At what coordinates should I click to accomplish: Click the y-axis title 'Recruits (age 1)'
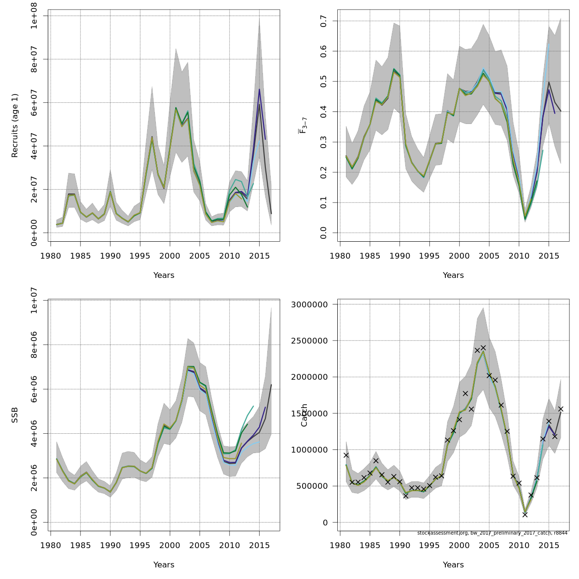click(15, 125)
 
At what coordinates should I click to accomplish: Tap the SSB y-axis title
click(15, 415)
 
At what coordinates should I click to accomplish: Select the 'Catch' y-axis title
click(304, 415)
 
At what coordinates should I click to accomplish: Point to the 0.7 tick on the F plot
click(323, 21)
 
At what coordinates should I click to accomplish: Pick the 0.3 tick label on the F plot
click(323, 142)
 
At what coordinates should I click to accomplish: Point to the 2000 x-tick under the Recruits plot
click(170, 255)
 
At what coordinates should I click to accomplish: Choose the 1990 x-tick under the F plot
click(400, 255)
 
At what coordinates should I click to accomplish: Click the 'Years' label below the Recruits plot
click(164, 276)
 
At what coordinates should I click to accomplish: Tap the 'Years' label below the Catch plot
click(454, 565)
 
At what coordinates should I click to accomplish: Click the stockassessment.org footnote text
click(492, 533)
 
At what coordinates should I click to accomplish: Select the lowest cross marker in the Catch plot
click(525, 514)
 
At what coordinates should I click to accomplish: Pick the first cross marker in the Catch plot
click(346, 455)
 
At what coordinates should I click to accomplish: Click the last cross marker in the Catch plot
click(561, 409)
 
